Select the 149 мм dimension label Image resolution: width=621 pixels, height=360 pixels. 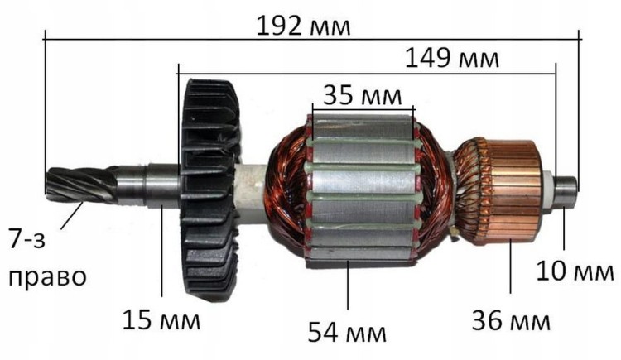452,59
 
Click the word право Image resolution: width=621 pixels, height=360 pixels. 46,275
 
